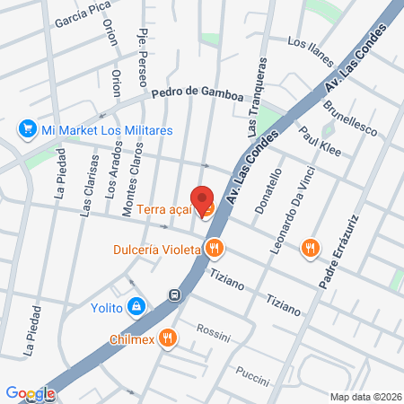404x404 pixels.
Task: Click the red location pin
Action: coord(202,199)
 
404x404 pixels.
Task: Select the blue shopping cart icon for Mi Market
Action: coord(26,130)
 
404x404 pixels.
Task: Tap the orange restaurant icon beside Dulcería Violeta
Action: coord(214,249)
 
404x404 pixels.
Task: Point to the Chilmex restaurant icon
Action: coord(167,338)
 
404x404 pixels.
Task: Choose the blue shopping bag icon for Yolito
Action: coord(135,307)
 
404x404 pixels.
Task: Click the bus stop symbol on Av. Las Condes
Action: coord(175,294)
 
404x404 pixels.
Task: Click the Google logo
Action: coord(29,393)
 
